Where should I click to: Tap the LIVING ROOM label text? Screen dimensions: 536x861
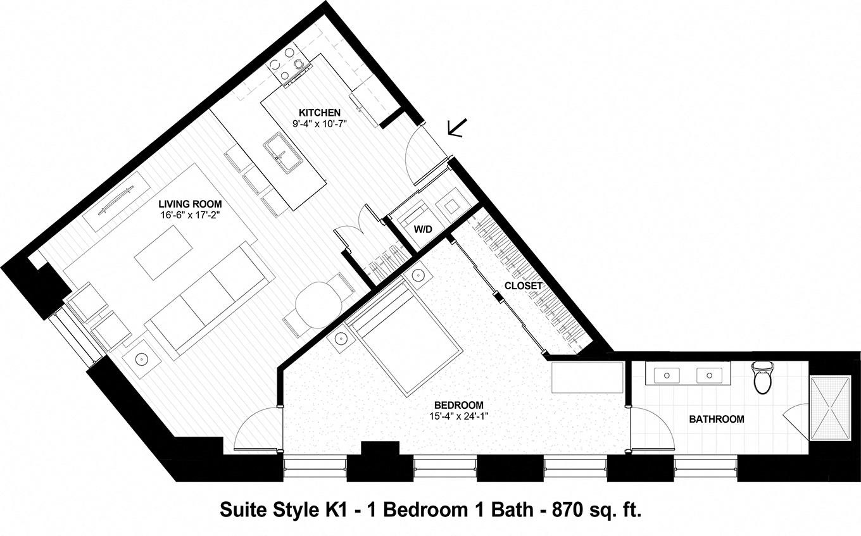tap(190, 204)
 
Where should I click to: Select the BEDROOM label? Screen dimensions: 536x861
tap(459, 405)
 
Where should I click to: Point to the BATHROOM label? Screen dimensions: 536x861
tap(717, 419)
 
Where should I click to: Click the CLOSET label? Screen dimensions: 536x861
tap(524, 286)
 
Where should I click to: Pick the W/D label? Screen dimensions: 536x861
tap(423, 229)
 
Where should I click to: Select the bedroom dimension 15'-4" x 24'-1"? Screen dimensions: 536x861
tap(459, 416)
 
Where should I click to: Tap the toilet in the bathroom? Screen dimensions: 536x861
tap(762, 378)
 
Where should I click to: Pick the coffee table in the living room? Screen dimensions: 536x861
tap(164, 253)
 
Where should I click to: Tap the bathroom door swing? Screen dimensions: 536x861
tap(652, 430)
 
